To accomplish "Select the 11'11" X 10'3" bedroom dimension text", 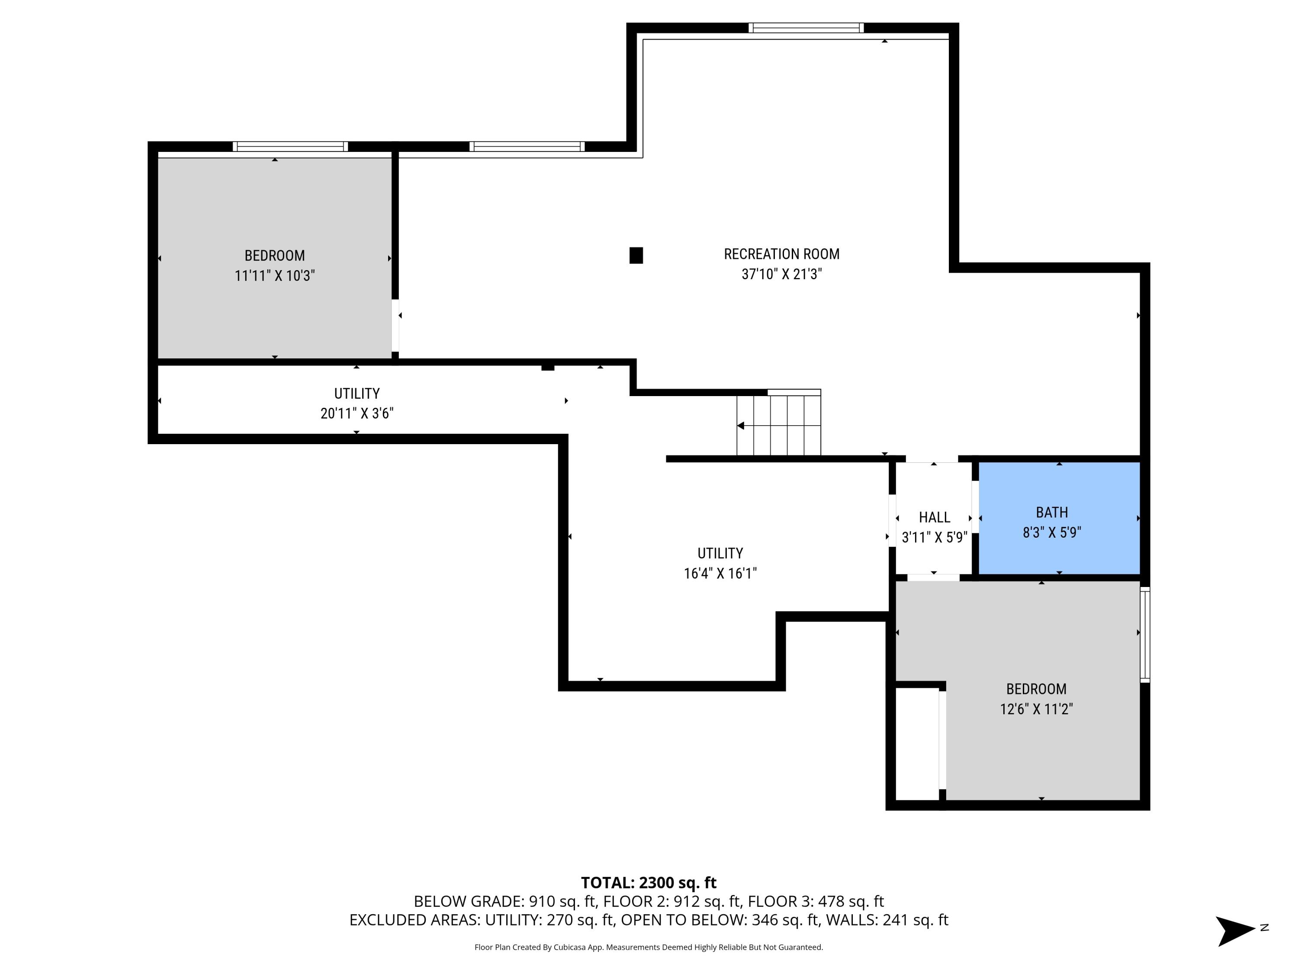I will coord(275,275).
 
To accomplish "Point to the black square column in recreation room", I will coord(636,255).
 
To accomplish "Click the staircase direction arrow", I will coord(741,426).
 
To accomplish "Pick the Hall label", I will coord(934,517).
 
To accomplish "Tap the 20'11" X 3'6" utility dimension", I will coord(357,413).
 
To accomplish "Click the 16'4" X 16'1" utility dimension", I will coord(720,574).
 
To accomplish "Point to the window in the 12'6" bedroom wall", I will coord(1144,634).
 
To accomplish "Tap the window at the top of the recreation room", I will coord(806,28).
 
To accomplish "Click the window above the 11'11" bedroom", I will coord(290,147).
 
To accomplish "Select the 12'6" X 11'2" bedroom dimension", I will coord(1036,709).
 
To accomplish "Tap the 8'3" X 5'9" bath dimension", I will coord(1051,532).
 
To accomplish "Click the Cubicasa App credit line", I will coord(649,947).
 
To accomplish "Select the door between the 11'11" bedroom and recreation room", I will coord(395,326).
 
